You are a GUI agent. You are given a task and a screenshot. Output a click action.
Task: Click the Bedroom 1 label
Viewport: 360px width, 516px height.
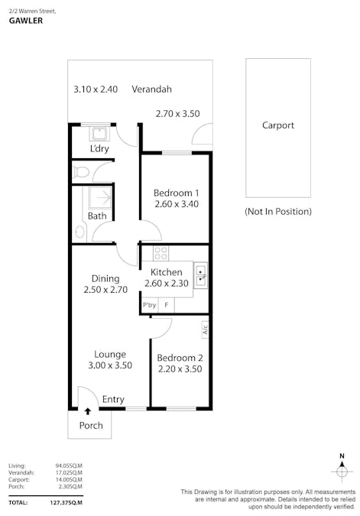pos(177,193)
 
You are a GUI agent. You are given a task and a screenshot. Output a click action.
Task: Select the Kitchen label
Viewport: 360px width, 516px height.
pos(166,272)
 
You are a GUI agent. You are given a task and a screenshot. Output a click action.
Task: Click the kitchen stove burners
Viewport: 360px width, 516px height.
pos(161,253)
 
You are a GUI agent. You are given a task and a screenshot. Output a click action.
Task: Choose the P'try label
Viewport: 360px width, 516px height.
pos(149,306)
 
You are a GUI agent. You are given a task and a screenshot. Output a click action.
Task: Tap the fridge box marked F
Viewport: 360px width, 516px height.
pos(166,306)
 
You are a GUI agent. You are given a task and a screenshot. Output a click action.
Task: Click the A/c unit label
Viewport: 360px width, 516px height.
pos(205,330)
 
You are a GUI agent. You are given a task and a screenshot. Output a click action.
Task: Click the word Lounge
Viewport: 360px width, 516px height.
pos(110,354)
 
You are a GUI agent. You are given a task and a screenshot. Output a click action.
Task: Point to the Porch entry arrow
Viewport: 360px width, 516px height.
pos(87,412)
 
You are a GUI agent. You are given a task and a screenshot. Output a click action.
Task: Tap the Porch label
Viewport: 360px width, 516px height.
pos(91,426)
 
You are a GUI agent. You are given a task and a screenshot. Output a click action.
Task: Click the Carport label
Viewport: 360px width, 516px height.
pos(277,126)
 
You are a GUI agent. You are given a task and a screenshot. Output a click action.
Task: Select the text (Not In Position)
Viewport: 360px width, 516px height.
pos(277,211)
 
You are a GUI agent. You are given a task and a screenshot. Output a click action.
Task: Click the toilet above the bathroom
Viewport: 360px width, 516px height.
pos(81,173)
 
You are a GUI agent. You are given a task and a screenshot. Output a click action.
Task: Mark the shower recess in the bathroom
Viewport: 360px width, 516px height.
pos(99,198)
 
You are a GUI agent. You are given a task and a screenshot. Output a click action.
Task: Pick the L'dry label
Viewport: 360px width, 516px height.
pos(99,148)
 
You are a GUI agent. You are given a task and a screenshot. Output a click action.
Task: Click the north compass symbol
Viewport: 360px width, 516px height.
pos(341,470)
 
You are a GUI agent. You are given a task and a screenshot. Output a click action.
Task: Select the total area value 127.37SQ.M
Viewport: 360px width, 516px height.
pos(66,503)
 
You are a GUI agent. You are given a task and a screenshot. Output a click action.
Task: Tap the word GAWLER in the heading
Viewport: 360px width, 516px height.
pos(25,21)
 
